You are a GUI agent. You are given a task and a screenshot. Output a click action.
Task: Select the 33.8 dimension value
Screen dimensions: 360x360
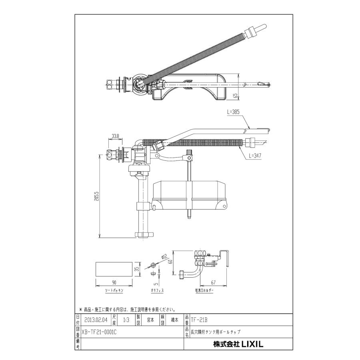(x=115, y=136)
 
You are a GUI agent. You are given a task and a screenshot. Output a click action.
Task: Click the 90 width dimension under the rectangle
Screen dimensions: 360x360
(x=114, y=282)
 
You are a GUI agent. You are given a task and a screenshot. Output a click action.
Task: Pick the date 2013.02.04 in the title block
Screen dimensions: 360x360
(x=96, y=320)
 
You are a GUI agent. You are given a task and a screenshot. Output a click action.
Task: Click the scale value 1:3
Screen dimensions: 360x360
(x=126, y=320)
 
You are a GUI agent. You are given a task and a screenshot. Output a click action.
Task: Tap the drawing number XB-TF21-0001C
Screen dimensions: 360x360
(x=99, y=332)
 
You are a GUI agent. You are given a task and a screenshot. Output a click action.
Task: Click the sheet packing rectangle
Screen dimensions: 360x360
(x=114, y=269)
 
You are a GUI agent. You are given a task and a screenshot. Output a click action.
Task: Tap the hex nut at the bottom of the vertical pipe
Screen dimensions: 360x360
(x=142, y=234)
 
